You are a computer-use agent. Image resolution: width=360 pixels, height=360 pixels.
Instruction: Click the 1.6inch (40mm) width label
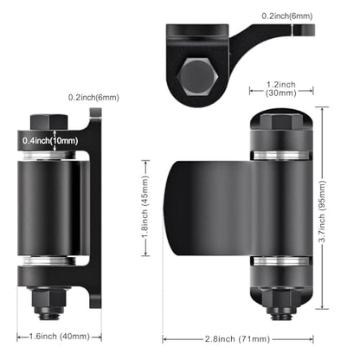click(x=60, y=337)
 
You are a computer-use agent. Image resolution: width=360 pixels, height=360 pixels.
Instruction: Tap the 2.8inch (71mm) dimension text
click(x=237, y=338)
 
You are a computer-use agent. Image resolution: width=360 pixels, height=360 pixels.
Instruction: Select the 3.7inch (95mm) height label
click(x=323, y=211)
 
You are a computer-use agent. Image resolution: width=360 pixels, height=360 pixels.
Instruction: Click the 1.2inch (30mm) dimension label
click(x=281, y=88)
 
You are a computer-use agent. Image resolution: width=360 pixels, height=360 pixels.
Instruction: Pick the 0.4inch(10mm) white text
click(x=50, y=141)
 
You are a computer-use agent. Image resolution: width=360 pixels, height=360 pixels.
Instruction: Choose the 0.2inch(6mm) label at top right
click(x=287, y=16)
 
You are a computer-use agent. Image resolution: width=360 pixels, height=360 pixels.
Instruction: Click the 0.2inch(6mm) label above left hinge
click(x=93, y=98)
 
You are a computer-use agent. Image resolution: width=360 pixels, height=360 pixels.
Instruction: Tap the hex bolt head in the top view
click(x=197, y=76)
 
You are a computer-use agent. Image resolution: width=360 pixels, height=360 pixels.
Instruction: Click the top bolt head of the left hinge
click(x=49, y=122)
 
